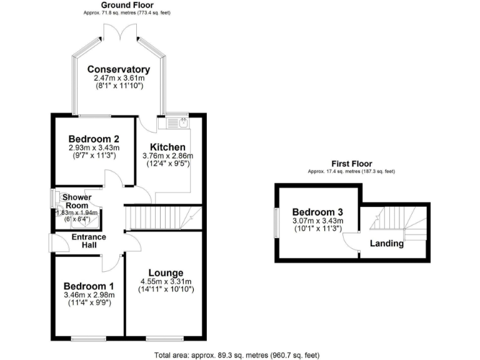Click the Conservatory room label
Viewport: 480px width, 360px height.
click(119, 69)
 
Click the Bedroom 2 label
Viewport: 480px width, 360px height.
click(94, 139)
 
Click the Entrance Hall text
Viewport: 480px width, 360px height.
click(89, 241)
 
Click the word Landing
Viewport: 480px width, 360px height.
click(386, 243)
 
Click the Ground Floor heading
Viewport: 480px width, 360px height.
click(127, 4)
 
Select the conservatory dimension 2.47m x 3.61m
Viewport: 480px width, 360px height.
click(119, 78)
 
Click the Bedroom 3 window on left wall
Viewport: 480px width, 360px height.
click(276, 222)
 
